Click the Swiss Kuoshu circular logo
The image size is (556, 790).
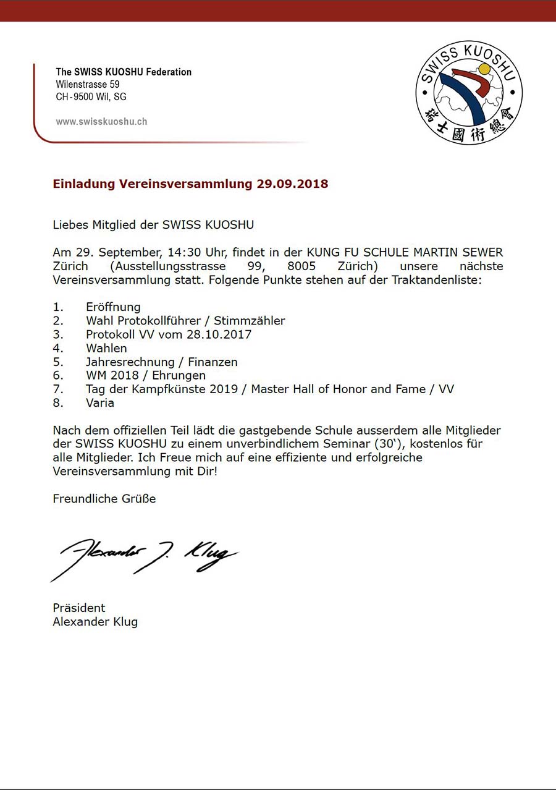pos(469,92)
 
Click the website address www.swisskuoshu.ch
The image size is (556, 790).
pos(101,122)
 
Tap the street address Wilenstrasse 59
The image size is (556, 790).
pos(88,84)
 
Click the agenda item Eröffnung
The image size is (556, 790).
pos(114,307)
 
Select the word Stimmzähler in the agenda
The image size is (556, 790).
pos(250,321)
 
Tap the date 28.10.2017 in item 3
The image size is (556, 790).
pos(219,334)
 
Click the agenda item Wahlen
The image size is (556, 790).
pos(106,348)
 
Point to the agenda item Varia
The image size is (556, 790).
pos(100,402)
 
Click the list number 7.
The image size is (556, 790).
pos(57,389)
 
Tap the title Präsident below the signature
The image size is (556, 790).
pos(79,608)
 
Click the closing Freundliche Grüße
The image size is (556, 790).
pos(104,498)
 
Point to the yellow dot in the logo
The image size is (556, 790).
pos(484,68)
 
